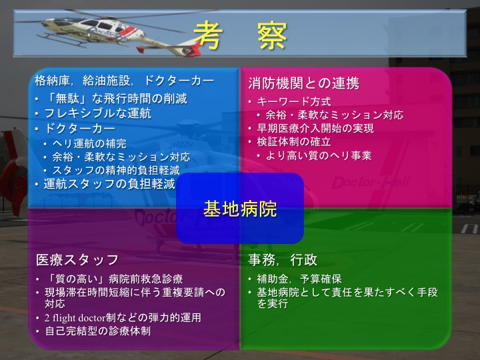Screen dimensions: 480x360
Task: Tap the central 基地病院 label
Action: pos(240,208)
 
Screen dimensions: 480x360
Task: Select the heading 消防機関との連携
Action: pos(303,83)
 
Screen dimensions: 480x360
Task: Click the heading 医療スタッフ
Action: pos(77,259)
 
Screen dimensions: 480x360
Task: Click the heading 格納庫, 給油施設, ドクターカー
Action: pos(124,82)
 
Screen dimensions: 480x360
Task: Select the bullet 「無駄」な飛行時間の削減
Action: pos(115,99)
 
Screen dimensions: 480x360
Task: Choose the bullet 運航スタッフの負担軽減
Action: pos(109,184)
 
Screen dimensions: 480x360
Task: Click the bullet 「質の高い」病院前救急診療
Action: pos(113,279)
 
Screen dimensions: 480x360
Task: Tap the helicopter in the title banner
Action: pos(87,27)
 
